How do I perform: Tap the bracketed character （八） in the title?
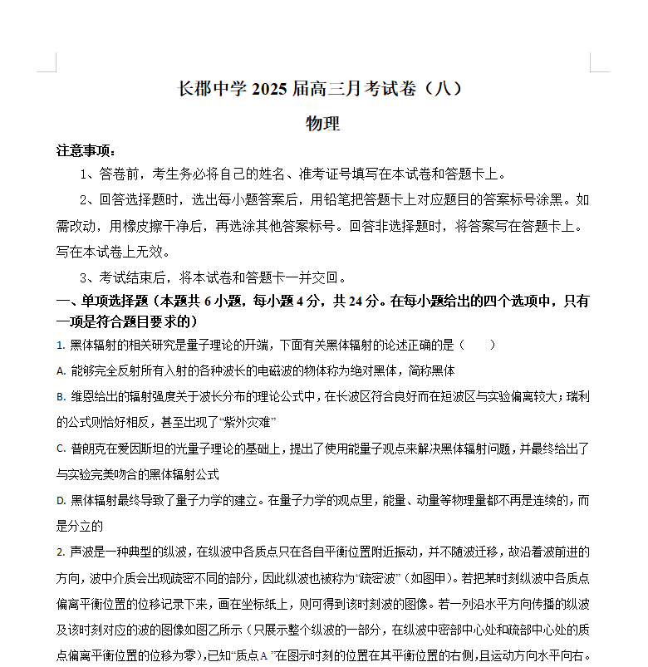439,89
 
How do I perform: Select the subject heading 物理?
323,124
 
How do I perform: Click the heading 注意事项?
85,151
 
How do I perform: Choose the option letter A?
61,371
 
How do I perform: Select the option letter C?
61,449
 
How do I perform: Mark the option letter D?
61,501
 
